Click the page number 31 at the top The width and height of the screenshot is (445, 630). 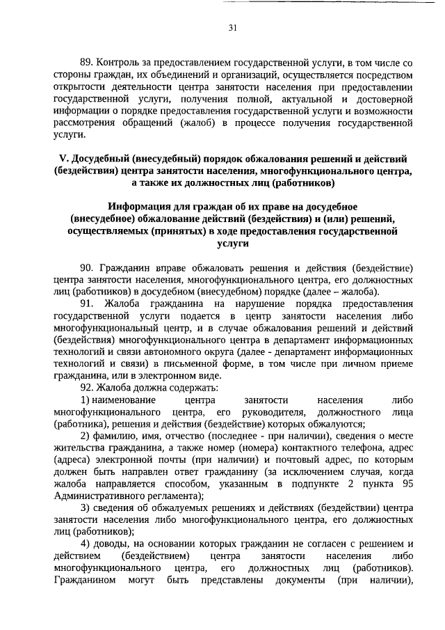tap(232, 28)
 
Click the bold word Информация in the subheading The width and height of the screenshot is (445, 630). tap(147, 207)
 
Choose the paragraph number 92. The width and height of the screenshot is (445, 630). tap(87, 387)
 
